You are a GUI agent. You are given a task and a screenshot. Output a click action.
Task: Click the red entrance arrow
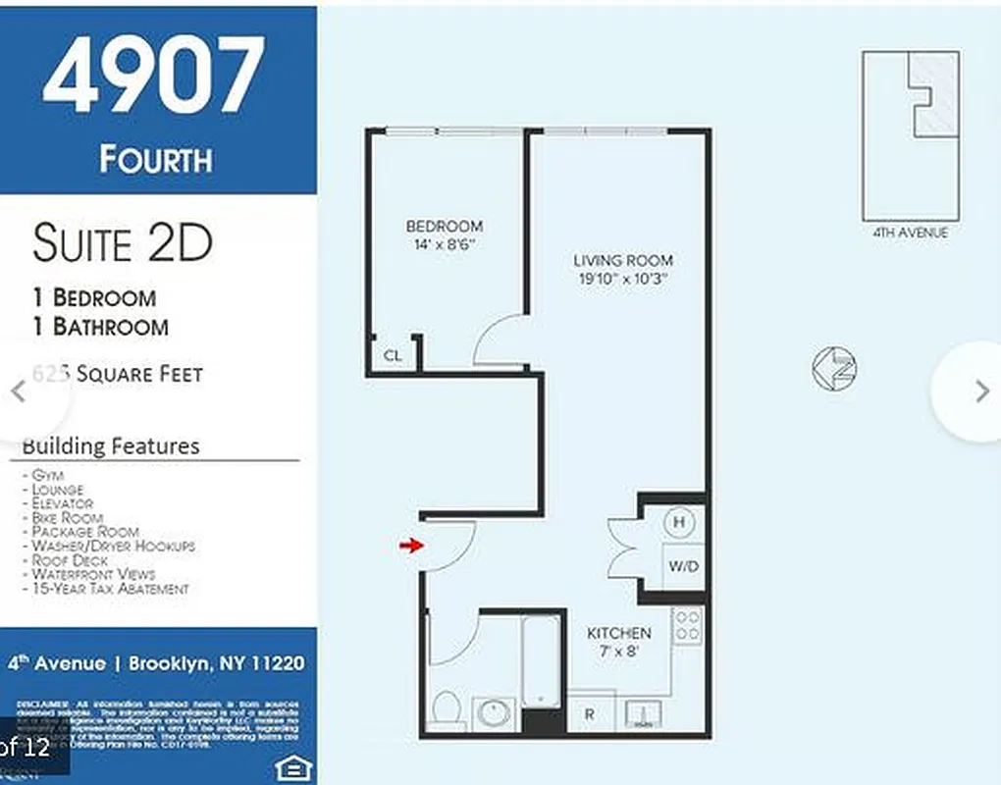coord(410,546)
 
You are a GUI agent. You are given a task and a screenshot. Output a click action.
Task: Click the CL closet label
coord(393,356)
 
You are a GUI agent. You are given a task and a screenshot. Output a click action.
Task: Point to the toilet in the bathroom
coord(448,708)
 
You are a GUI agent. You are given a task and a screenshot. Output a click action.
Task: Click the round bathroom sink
coord(493,713)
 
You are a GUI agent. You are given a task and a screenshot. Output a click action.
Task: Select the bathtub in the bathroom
coord(542,660)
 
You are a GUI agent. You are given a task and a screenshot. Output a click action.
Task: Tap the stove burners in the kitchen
coord(687,627)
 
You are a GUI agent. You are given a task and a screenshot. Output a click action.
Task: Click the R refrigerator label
coord(589,714)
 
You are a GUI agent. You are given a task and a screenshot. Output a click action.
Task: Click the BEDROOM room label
coord(445,227)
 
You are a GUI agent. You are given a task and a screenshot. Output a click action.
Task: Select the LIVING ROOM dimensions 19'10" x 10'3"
coord(623,279)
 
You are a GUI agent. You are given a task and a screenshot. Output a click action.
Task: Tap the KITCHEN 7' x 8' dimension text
coord(618,652)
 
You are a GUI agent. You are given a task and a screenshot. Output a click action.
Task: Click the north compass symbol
coord(834,368)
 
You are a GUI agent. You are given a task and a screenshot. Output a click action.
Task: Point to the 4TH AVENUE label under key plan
coord(910,233)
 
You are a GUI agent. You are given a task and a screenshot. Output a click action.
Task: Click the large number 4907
coord(154,77)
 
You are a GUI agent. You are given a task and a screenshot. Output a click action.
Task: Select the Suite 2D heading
coord(122,243)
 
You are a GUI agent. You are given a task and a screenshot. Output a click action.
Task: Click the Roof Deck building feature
coord(70,560)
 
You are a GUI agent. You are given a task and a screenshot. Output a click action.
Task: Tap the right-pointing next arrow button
coord(981,391)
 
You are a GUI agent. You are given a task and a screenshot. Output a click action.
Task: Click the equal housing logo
coord(290,765)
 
